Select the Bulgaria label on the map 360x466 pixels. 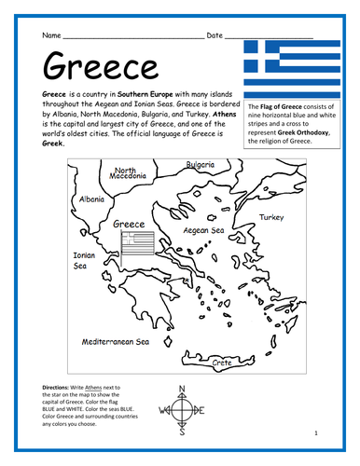click(201, 165)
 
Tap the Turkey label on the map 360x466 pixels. click(271, 216)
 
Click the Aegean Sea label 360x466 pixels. click(204, 228)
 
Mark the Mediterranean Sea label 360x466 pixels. click(116, 342)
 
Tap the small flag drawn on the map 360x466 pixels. click(134, 245)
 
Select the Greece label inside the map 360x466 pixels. click(128, 224)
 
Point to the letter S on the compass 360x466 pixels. click(181, 432)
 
